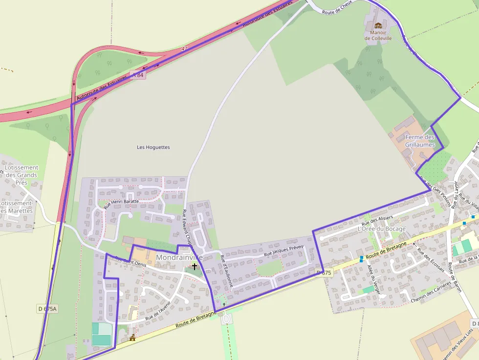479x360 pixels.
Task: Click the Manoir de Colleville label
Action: (x=378, y=35)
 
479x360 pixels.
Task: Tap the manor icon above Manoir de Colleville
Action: (x=378, y=25)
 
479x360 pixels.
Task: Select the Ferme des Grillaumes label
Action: (x=419, y=141)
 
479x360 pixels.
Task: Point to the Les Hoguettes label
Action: (x=153, y=147)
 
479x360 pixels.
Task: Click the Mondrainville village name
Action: (x=179, y=257)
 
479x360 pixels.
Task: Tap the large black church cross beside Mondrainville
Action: (x=195, y=266)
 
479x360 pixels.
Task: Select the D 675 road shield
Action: (x=324, y=273)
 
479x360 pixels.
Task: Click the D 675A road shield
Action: (x=47, y=309)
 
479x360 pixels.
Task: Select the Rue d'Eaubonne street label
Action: (x=226, y=268)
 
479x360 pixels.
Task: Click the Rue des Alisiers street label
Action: (x=377, y=220)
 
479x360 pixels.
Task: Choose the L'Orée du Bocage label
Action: (x=381, y=229)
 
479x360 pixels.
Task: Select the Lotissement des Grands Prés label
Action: (x=21, y=175)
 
